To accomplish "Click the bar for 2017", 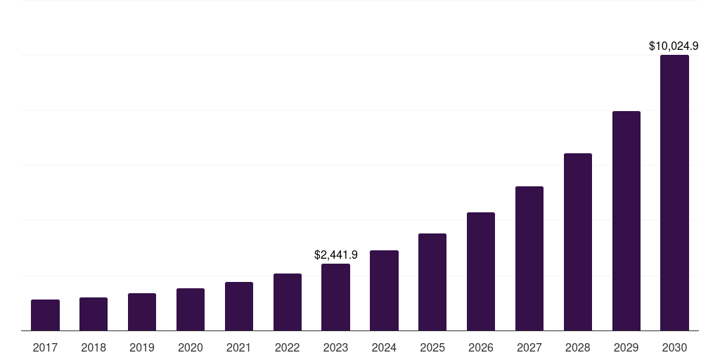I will [45, 315].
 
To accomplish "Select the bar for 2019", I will [142, 311].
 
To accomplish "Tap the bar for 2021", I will [239, 306].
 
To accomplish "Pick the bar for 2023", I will [335, 297].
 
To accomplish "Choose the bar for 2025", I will [432, 282].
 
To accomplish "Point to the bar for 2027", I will [529, 258].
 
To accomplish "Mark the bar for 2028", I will [578, 242].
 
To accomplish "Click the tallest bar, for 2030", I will [674, 193].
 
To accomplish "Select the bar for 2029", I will [626, 221].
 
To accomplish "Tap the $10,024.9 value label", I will [673, 46].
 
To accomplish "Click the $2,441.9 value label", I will [335, 255].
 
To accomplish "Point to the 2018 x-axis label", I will [94, 347].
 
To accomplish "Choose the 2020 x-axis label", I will [191, 347].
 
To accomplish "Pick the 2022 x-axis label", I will [288, 347].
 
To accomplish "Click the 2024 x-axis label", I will [384, 347].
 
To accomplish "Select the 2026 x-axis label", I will [481, 347].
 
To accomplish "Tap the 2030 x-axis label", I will [674, 347].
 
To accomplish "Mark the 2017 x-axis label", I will [45, 347].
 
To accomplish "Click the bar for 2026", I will [481, 271].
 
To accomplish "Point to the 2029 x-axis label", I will [626, 347].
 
